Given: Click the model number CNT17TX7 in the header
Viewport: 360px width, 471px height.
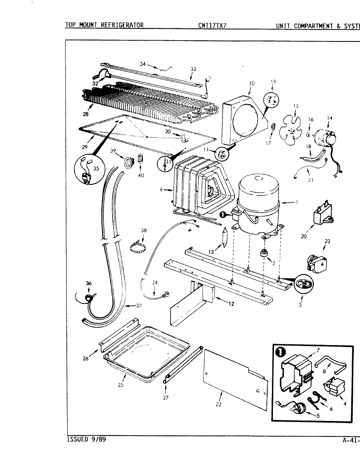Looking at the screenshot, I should coord(212,26).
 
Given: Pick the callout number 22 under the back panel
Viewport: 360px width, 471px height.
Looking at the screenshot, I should coord(218,405).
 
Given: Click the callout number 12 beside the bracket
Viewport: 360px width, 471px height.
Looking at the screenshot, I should coord(231,304).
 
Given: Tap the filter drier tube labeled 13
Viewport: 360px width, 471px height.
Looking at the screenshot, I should coord(224,238).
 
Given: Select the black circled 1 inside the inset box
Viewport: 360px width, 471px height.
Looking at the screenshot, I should coord(282,353).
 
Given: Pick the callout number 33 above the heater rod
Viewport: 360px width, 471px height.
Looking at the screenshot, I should coord(193,69).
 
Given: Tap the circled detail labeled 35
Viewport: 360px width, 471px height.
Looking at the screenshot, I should coord(87,170).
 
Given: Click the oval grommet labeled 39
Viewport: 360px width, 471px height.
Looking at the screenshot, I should coord(129,162).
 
